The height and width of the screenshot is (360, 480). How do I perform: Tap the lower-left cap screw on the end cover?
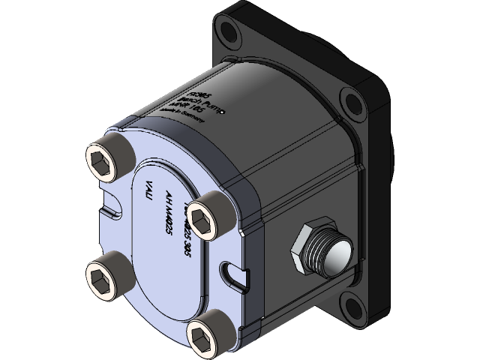(x=101, y=268)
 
